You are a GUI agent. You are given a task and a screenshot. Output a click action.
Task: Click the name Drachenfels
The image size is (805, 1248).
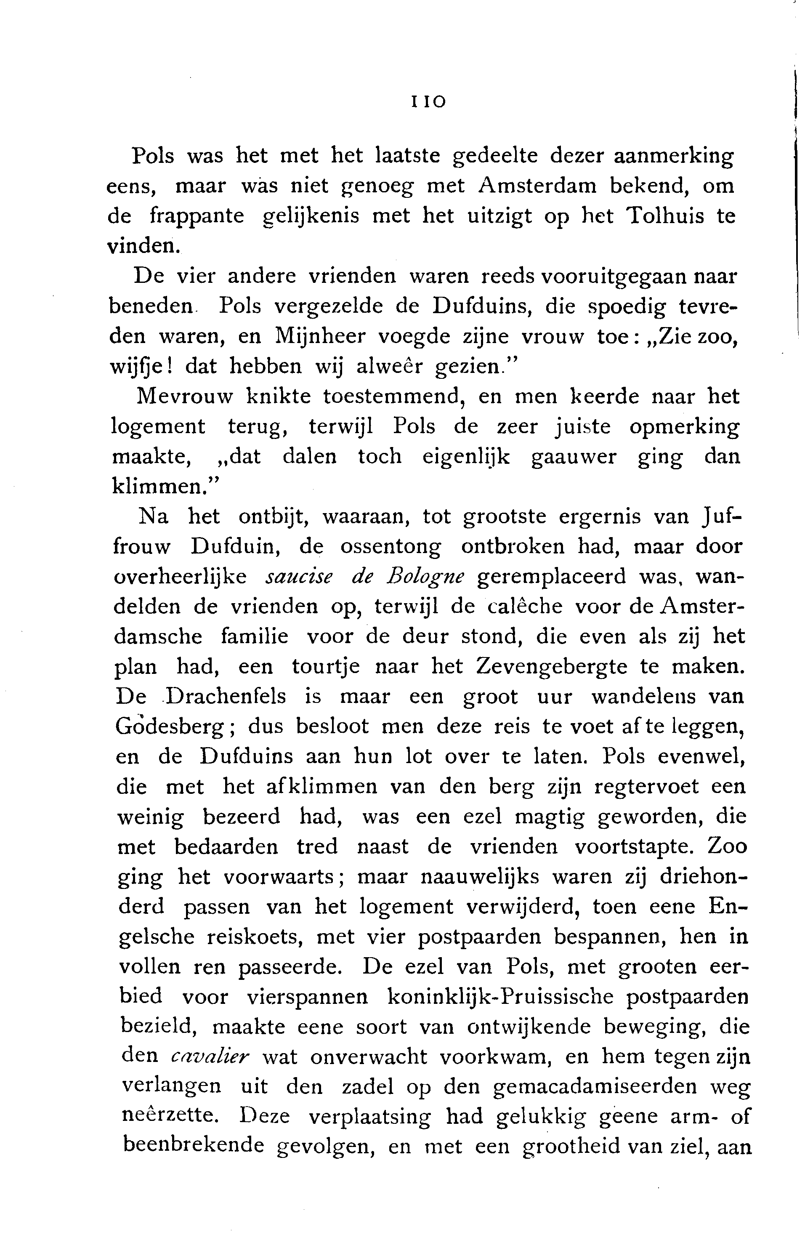coord(226,697)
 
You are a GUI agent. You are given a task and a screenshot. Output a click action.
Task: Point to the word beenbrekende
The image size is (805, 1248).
coord(194,1147)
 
